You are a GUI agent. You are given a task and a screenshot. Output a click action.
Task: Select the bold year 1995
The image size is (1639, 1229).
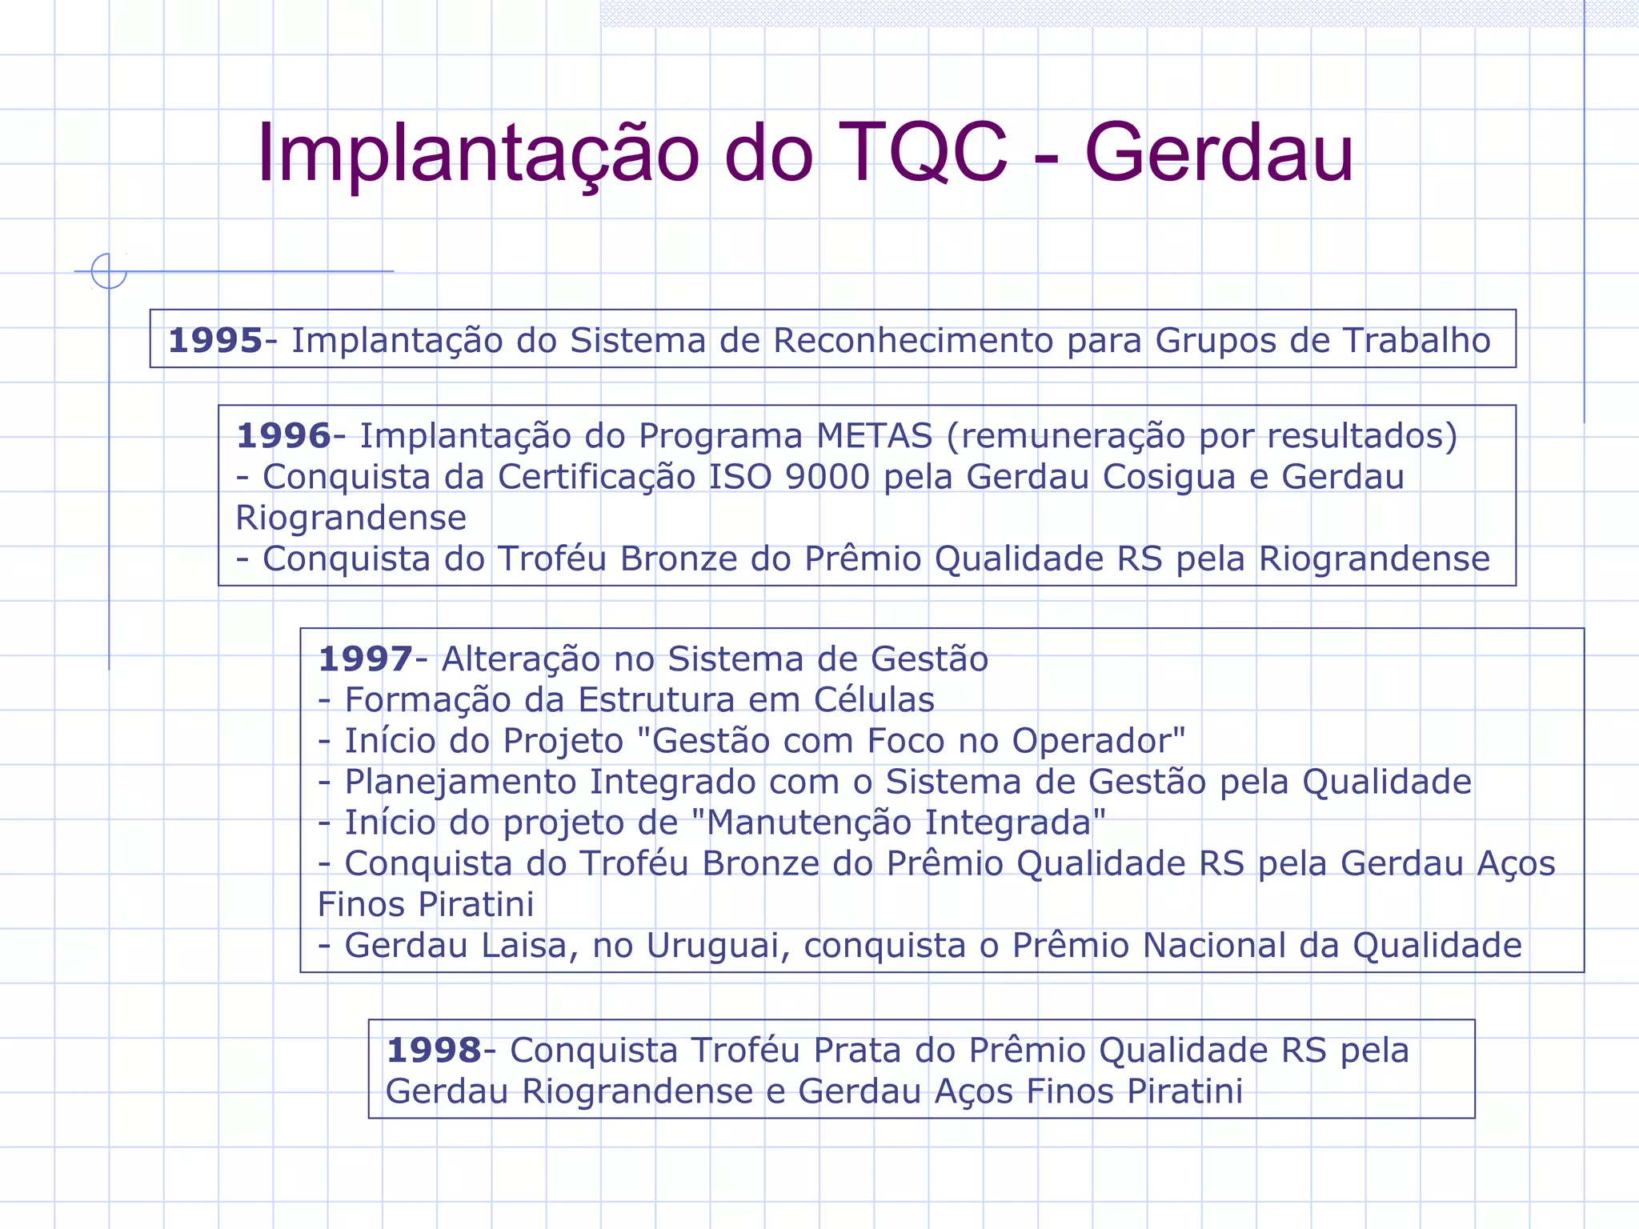[215, 340]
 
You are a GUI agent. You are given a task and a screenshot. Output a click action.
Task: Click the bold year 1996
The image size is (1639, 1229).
[283, 436]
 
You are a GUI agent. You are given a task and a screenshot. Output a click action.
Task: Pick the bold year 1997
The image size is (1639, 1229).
[365, 659]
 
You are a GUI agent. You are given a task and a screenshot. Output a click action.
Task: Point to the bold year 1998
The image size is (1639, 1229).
[434, 1051]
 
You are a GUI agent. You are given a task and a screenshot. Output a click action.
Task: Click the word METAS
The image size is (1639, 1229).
[874, 436]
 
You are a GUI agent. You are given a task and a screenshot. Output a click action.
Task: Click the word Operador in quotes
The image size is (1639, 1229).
[1093, 741]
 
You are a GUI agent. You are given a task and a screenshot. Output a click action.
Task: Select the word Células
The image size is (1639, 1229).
[874, 700]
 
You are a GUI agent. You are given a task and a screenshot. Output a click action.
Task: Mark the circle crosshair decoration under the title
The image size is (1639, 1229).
[109, 271]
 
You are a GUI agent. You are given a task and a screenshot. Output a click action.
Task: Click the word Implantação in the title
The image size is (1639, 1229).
[478, 153]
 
